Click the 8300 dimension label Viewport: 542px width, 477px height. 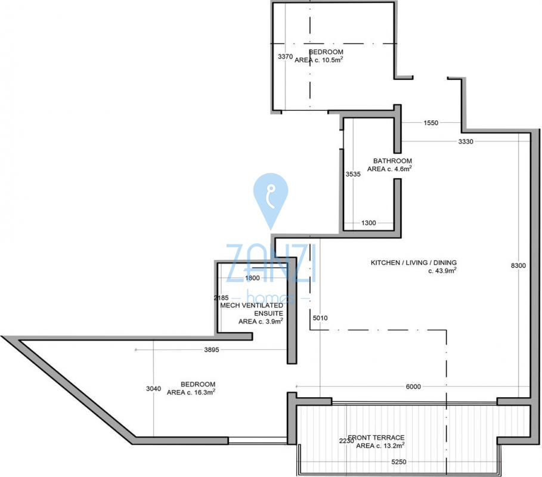(x=518, y=265)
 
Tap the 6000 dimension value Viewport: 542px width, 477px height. (x=413, y=386)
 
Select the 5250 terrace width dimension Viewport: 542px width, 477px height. (x=398, y=461)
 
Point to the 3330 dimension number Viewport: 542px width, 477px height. (x=466, y=141)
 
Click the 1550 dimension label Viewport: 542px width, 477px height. (x=430, y=123)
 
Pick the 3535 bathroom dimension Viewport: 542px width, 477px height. (x=353, y=174)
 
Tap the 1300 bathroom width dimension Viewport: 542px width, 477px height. (x=368, y=223)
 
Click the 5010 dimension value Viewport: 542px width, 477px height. (x=320, y=318)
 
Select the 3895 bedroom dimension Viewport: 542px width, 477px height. (x=212, y=350)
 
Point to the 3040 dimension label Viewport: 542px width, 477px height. (x=153, y=389)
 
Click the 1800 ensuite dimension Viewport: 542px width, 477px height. (x=252, y=278)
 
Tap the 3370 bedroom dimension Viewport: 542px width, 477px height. (x=286, y=57)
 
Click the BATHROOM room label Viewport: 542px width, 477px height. (x=393, y=161)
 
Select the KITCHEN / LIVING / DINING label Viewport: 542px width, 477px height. (x=414, y=263)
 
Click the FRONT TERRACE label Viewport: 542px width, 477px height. (x=376, y=438)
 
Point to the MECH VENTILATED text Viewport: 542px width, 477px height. (x=252, y=305)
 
